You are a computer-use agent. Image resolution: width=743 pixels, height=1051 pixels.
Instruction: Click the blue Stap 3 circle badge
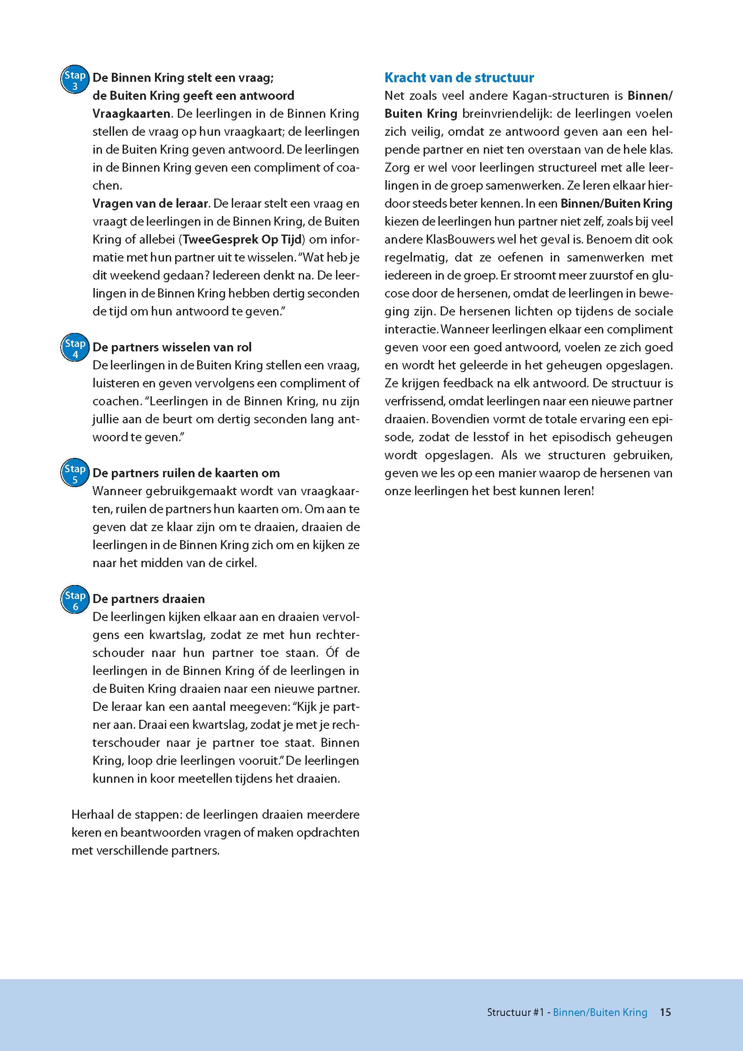click(75, 80)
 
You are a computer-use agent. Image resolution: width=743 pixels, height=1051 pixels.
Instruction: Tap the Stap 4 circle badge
click(75, 348)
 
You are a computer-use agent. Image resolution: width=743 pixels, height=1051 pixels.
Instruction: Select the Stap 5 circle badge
click(75, 474)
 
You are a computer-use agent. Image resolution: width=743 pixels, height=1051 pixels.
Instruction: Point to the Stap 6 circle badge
click(75, 600)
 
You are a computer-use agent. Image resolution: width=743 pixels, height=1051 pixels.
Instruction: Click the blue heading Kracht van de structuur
click(459, 78)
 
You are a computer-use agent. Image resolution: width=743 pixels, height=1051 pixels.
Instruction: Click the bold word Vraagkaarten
click(132, 114)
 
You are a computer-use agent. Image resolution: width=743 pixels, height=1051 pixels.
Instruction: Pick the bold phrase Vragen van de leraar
click(150, 203)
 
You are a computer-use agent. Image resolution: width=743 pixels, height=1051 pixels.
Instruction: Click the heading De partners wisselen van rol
click(172, 347)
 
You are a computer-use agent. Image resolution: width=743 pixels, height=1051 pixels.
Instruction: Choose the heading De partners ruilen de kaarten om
click(186, 473)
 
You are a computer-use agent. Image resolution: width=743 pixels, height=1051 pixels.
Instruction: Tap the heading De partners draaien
click(149, 599)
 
